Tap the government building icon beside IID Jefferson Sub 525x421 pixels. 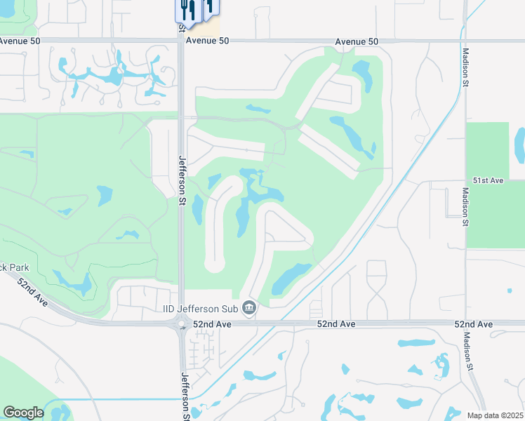tap(248, 308)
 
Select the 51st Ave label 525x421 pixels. tap(488, 180)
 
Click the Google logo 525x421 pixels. tap(23, 412)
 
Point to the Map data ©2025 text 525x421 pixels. tap(494, 415)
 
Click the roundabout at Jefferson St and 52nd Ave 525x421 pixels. tap(182, 324)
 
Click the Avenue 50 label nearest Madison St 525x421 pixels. tap(357, 42)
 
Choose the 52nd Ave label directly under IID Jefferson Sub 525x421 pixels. tap(214, 324)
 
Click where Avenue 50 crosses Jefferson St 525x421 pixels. tap(181, 41)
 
